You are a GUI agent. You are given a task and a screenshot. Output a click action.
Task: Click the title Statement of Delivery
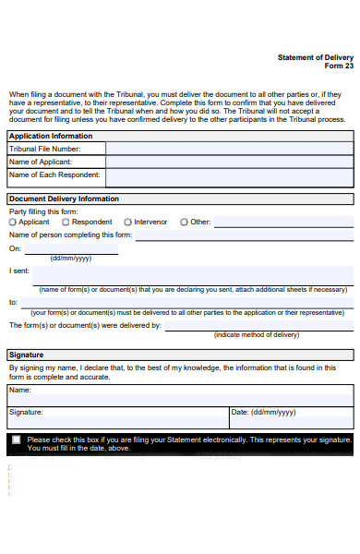(315, 57)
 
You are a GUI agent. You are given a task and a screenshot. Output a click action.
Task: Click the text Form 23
(339, 66)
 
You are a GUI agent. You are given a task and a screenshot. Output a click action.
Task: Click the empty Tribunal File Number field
(228, 149)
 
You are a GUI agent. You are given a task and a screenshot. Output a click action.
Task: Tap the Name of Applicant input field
(228, 162)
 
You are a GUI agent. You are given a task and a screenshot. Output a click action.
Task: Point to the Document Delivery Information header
(64, 199)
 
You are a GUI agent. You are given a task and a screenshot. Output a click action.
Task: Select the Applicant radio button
(13, 223)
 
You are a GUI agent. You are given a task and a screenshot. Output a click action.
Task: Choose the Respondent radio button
(66, 223)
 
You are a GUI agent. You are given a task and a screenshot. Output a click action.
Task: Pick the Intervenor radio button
(127, 223)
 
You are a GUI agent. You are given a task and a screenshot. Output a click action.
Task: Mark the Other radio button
(184, 223)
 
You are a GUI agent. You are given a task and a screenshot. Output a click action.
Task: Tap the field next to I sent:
(194, 274)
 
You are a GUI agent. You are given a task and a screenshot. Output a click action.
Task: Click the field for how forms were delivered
(258, 325)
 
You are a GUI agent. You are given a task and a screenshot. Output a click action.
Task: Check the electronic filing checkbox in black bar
(16, 440)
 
